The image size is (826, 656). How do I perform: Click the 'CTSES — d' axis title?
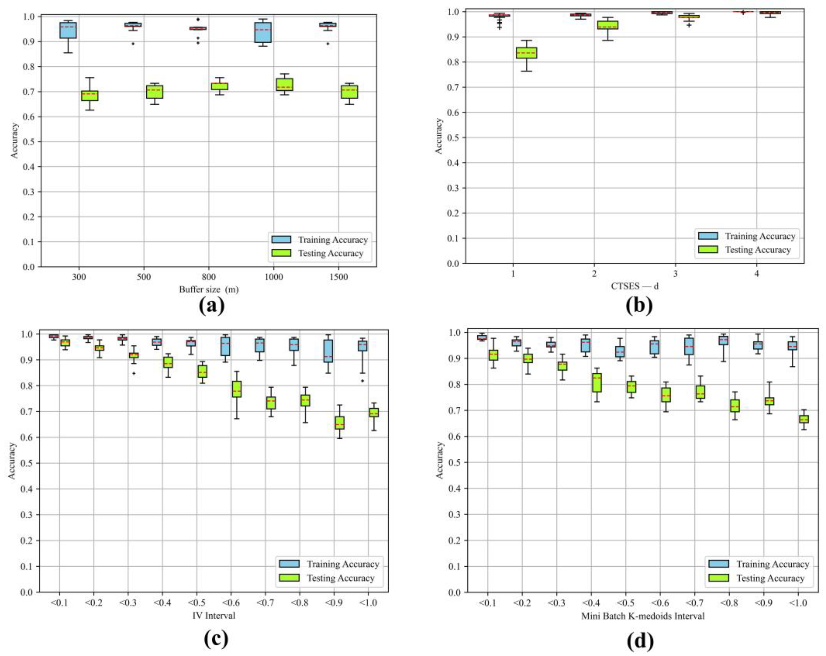635,286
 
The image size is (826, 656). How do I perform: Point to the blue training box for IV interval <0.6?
226,346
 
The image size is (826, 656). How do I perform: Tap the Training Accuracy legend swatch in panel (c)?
289,564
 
